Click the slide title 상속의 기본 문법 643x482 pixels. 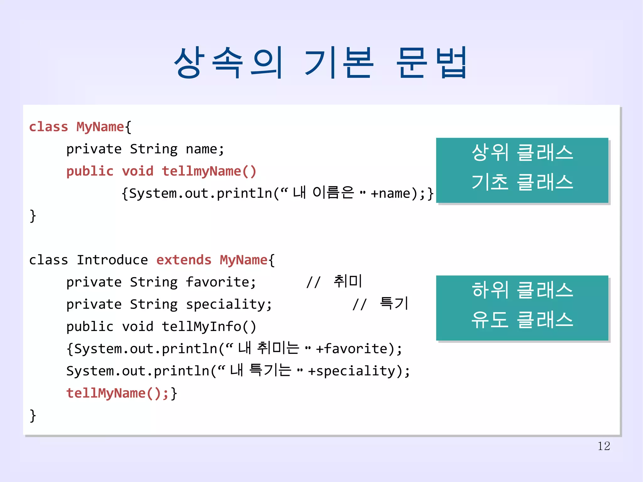[320, 63]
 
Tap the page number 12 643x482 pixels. [603, 446]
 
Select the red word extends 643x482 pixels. [184, 260]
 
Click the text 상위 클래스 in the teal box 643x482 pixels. [522, 153]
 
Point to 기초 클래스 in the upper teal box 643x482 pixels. [522, 182]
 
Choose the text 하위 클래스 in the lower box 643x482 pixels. [522, 290]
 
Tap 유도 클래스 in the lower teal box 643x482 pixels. [522, 320]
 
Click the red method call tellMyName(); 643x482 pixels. [118, 393]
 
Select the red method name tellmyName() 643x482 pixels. [209, 171]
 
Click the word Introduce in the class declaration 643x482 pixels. [112, 260]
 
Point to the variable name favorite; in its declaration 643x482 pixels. [221, 282]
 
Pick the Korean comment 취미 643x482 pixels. [348, 281]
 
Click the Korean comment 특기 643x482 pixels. [394, 303]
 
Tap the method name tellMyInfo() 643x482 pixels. [209, 327]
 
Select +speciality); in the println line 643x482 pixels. [359, 371]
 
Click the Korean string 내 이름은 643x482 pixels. [323, 192]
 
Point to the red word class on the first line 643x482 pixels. [48, 127]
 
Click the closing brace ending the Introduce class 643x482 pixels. [33, 416]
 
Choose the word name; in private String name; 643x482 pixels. [205, 149]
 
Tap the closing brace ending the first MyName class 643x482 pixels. [33, 216]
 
